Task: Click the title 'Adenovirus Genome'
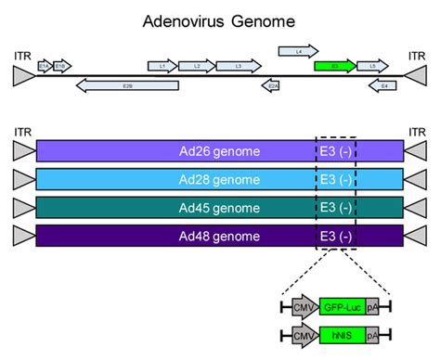pos(219,19)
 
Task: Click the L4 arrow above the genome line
pos(298,50)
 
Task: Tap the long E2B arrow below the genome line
pos(129,85)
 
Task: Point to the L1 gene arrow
pos(162,66)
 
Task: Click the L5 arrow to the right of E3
pos(373,66)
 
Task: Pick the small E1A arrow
pos(44,66)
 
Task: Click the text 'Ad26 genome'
pos(220,151)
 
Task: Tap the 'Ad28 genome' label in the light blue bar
pos(220,179)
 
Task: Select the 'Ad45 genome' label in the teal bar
pos(220,207)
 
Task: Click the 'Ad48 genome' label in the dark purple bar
pos(220,236)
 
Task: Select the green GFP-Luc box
pos(341,305)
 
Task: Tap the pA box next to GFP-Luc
pos(371,305)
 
